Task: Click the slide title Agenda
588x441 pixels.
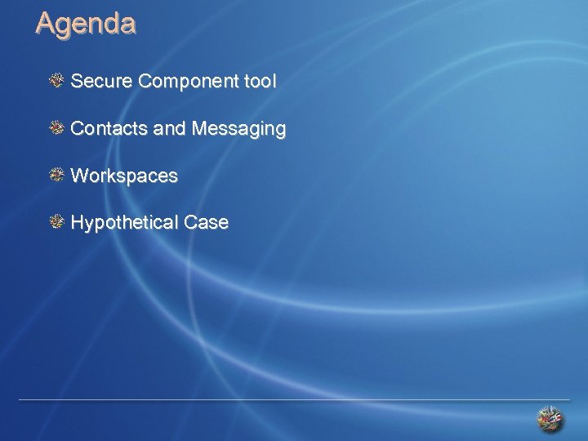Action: [x=86, y=24]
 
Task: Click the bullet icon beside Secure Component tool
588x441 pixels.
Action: [x=57, y=80]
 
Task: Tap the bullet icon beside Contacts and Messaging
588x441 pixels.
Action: [x=57, y=127]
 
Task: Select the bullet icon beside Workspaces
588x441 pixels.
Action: [x=57, y=175]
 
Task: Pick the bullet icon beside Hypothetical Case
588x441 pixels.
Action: [x=57, y=221]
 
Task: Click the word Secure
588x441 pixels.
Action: [x=102, y=82]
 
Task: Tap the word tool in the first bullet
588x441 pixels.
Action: [x=261, y=82]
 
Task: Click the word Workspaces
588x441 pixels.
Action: [x=124, y=176]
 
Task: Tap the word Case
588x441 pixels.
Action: [x=206, y=223]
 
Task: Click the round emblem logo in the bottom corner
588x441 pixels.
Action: [x=550, y=419]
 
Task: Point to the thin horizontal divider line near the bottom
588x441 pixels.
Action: [x=294, y=400]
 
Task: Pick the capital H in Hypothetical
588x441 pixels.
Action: [x=78, y=222]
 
